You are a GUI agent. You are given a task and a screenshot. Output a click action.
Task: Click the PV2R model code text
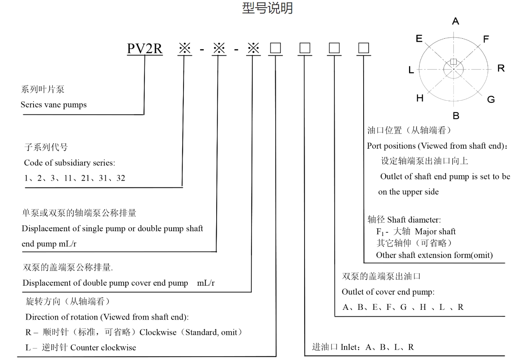point(145,49)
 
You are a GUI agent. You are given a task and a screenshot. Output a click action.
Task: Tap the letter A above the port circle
point(456,22)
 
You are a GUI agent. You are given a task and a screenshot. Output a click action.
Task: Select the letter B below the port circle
point(456,115)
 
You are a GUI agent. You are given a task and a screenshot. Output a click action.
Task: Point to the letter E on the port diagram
point(419,39)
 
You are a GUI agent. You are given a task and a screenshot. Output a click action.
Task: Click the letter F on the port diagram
point(486,39)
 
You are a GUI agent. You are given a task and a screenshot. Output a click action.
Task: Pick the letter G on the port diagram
point(491,99)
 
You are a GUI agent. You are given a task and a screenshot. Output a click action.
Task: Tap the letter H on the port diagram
point(420,99)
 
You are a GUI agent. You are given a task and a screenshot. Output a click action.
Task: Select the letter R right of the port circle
point(501,68)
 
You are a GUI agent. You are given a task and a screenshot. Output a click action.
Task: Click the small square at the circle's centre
point(453,62)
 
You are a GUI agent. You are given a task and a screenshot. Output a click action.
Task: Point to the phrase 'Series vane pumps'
point(54,105)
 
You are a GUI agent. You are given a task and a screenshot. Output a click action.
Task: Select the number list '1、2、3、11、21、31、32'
point(75,178)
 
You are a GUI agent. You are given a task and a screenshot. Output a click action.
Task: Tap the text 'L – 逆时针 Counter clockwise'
point(81,348)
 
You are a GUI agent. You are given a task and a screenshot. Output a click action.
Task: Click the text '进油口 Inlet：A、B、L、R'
point(363,347)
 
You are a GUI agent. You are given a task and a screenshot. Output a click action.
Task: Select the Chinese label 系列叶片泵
point(42,90)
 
